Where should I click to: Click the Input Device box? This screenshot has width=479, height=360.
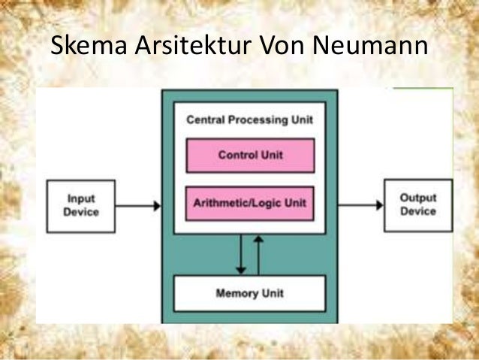point(81,205)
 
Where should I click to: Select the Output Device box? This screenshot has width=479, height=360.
point(417,205)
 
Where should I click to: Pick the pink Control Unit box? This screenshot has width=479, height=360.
point(250,156)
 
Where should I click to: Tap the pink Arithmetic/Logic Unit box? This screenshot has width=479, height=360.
point(250,203)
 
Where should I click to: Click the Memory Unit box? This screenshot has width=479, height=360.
point(250,293)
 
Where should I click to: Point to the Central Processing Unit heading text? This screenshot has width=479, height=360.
point(249,119)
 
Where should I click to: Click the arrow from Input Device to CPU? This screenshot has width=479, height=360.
point(139,205)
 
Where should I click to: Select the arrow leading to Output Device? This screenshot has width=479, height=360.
point(360,205)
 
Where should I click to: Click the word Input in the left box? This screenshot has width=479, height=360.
point(81,199)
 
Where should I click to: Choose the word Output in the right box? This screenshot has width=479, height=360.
point(418,199)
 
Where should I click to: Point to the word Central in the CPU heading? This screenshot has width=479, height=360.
point(203,119)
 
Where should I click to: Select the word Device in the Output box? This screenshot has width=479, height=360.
point(418,211)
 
